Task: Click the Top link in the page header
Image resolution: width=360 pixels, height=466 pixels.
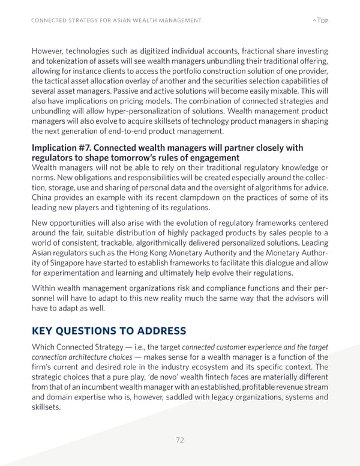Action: [321, 20]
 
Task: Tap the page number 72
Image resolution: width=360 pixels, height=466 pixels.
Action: [180, 440]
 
